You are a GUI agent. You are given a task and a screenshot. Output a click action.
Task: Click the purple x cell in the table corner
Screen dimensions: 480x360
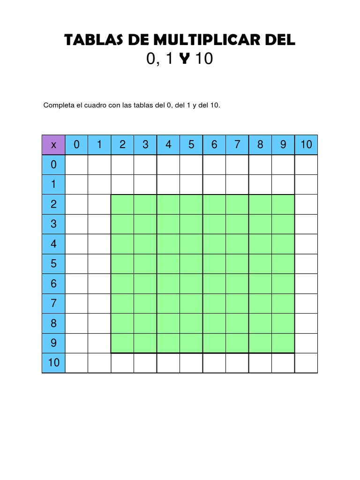click(53, 145)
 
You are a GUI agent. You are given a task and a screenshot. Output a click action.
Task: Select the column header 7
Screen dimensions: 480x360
click(237, 145)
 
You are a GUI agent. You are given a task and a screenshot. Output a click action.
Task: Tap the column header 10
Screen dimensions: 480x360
click(306, 145)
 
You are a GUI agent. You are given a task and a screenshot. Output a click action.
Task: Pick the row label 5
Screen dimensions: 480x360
click(53, 264)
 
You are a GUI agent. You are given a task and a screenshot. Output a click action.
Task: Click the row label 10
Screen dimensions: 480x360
click(53, 363)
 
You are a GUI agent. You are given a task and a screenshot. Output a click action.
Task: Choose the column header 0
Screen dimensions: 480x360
click(76, 145)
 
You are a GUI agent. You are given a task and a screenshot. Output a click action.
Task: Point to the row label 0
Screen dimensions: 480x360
click(53, 165)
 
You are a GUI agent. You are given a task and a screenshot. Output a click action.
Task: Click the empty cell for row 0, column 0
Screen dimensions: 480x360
click(76, 165)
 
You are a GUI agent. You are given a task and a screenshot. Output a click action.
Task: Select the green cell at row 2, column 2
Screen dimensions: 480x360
click(122, 204)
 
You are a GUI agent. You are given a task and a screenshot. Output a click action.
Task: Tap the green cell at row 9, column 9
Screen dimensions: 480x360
click(283, 343)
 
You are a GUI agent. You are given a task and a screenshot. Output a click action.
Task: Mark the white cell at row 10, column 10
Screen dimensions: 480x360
click(306, 363)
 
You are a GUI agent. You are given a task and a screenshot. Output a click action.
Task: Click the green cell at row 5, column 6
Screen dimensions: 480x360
click(214, 264)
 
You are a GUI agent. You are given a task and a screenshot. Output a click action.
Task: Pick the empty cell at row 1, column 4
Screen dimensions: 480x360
click(168, 184)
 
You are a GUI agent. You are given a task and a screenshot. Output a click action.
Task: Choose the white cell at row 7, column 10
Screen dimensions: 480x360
click(306, 303)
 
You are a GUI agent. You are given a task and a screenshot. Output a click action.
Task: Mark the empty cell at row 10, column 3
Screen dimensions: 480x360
click(145, 363)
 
